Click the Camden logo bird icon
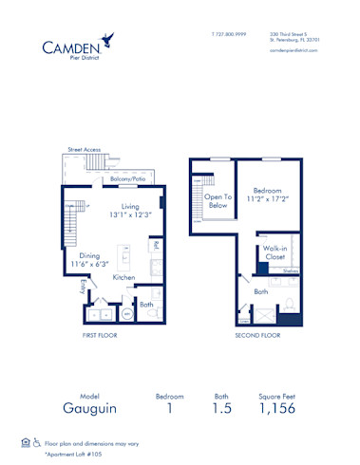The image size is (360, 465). [111, 39]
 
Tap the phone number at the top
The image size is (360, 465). [228, 34]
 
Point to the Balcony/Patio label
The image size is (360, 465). [127, 179]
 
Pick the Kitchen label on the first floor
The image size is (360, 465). [124, 277]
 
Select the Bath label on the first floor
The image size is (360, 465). [147, 305]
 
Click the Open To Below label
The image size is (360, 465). [218, 199]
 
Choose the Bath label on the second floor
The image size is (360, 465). [260, 293]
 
